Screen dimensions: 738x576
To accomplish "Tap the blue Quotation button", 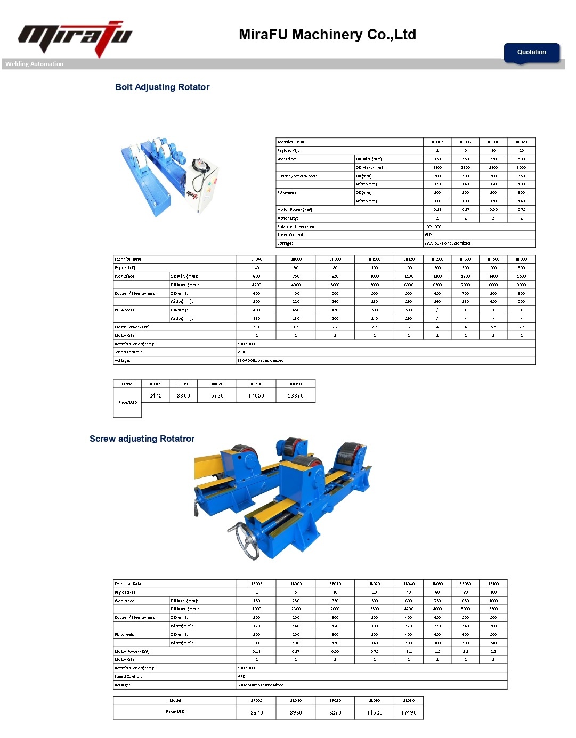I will tap(531, 52).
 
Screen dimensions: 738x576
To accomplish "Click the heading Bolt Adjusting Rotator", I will tap(162, 87).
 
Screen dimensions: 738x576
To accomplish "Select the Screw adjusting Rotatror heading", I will tap(142, 439).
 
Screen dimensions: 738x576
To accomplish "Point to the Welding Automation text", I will tap(34, 64).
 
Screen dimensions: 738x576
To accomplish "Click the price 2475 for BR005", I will tap(156, 395).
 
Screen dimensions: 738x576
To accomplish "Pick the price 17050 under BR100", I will tap(256, 395).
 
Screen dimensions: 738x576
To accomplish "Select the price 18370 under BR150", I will tap(296, 395).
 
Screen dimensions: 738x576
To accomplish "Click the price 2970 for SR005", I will tap(257, 712).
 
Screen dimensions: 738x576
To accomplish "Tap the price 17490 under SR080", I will tap(409, 712).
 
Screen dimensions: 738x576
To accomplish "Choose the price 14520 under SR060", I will tap(375, 712).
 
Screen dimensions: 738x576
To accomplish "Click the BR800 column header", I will tap(521, 259).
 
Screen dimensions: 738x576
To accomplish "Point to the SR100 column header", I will tap(493, 583).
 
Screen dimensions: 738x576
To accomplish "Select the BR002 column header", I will tap(437, 142).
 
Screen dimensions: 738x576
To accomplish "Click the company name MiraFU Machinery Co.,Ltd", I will tap(327, 35).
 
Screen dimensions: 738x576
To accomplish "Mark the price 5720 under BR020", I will tap(217, 395).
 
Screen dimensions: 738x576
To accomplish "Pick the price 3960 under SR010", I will tap(296, 712).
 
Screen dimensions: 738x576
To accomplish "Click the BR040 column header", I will tap(256, 259).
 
